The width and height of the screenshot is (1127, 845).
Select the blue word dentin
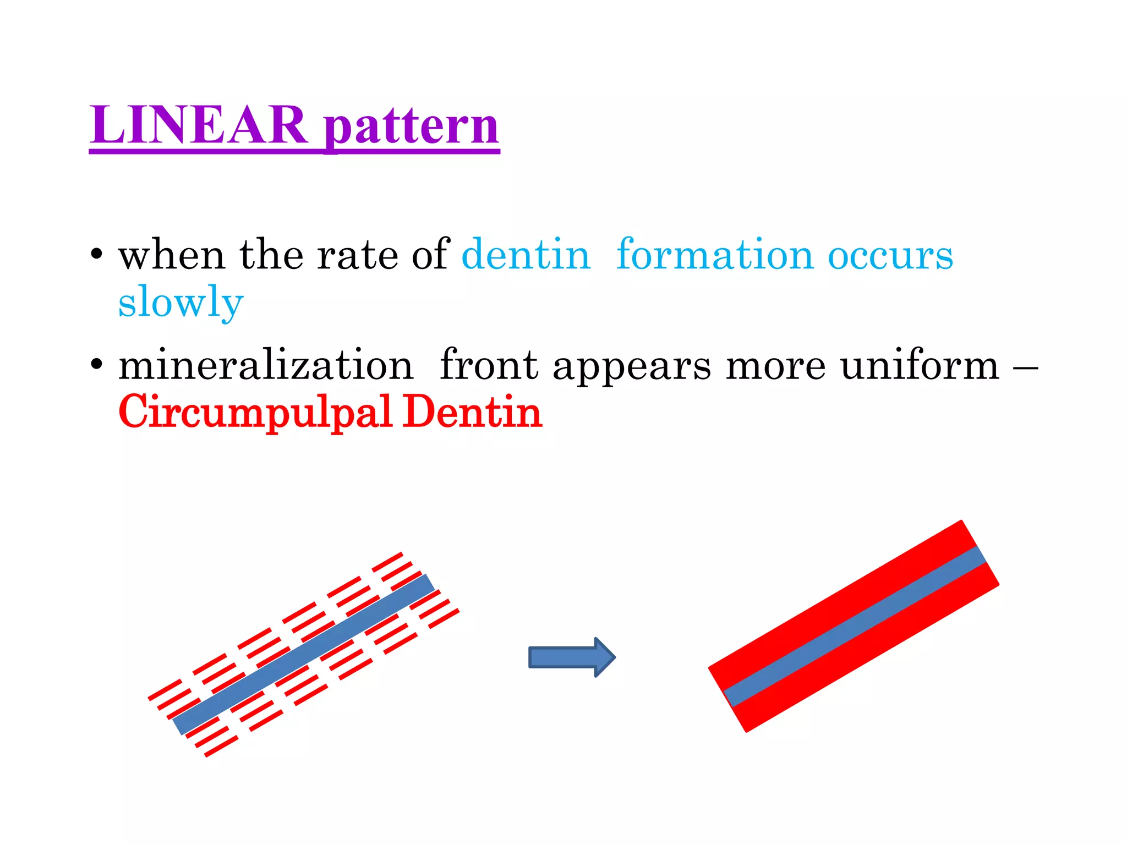tap(526, 255)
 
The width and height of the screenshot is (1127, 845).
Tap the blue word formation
tap(715, 255)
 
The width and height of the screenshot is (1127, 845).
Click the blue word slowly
tap(180, 302)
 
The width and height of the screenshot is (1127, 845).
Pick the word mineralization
tap(266, 365)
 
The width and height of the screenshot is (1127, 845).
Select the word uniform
tap(919, 365)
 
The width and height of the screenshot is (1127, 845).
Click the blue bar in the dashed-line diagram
tap(304, 655)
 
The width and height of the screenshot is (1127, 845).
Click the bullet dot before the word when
tap(97, 254)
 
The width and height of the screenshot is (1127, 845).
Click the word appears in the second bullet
tap(631, 367)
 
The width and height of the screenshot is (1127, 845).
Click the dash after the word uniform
tap(1025, 365)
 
